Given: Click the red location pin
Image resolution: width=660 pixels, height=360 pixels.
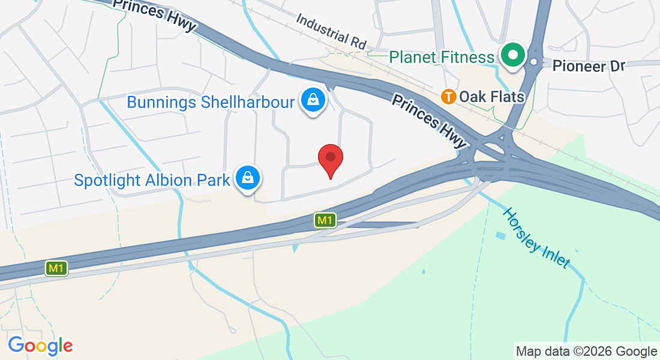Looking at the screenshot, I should [330, 158].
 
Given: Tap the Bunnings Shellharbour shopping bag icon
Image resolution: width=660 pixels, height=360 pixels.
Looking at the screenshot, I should [313, 100].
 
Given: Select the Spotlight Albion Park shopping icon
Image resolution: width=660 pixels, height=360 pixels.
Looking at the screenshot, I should [247, 178].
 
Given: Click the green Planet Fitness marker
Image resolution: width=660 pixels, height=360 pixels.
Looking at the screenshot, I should [513, 56].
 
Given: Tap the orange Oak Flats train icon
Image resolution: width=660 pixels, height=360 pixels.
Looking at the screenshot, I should [448, 96].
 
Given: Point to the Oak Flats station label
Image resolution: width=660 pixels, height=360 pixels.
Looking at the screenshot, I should [491, 97].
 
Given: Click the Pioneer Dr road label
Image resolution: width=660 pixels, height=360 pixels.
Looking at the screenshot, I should [589, 65].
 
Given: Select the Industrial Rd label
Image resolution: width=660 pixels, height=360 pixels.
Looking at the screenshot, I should [331, 31].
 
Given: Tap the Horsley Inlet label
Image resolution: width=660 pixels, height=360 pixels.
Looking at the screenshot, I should [535, 238].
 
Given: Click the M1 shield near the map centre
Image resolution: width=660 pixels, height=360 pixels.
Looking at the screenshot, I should [325, 220].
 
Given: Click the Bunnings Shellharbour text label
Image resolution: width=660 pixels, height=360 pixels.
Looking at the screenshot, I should [211, 102].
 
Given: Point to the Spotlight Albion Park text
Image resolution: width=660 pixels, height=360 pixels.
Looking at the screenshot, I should [152, 179].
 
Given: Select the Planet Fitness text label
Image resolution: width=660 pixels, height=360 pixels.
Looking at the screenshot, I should [442, 57].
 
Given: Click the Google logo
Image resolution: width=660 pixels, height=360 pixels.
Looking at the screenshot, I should [40, 346].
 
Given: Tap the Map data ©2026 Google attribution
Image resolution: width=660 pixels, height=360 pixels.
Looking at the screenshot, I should [586, 351].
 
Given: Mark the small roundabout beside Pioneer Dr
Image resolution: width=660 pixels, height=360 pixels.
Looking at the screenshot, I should [533, 62].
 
